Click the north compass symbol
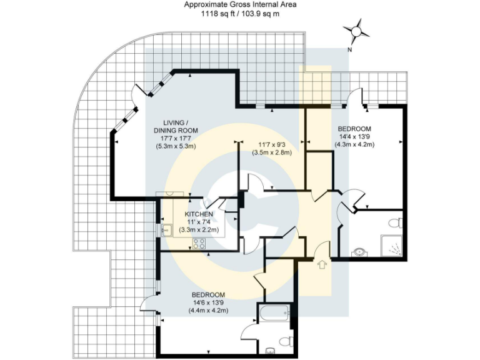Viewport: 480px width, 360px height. click(x=356, y=30)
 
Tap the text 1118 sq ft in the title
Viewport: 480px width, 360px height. click(x=218, y=13)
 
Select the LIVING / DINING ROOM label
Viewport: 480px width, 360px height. click(x=176, y=126)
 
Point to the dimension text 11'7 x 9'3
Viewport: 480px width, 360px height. click(x=271, y=144)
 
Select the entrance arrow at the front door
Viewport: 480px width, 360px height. click(x=322, y=265)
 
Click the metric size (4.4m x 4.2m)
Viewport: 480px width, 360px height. click(x=209, y=311)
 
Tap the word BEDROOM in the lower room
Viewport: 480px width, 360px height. click(x=209, y=295)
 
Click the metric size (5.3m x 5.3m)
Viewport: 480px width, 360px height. click(x=176, y=146)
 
